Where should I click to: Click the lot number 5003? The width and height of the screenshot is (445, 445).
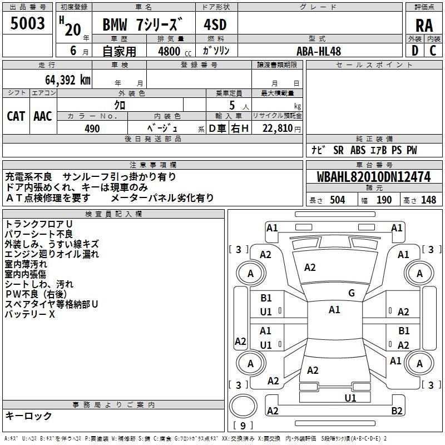point(28,23)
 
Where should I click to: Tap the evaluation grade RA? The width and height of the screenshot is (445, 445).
point(424,25)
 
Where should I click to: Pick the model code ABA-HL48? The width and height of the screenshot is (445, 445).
point(319,51)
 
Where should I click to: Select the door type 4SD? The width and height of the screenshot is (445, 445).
point(216,25)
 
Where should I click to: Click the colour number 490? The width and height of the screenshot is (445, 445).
point(92,128)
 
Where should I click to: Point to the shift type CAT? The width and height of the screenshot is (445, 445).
point(16,116)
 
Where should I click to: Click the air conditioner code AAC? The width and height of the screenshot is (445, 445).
point(43,116)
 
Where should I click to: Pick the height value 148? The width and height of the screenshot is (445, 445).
point(428,200)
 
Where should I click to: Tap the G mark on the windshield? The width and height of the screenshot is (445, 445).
point(352,293)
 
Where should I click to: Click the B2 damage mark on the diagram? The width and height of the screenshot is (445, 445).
point(397,411)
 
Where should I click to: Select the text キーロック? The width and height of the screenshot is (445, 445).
point(29,416)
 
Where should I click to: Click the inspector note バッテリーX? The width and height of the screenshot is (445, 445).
point(30,314)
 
